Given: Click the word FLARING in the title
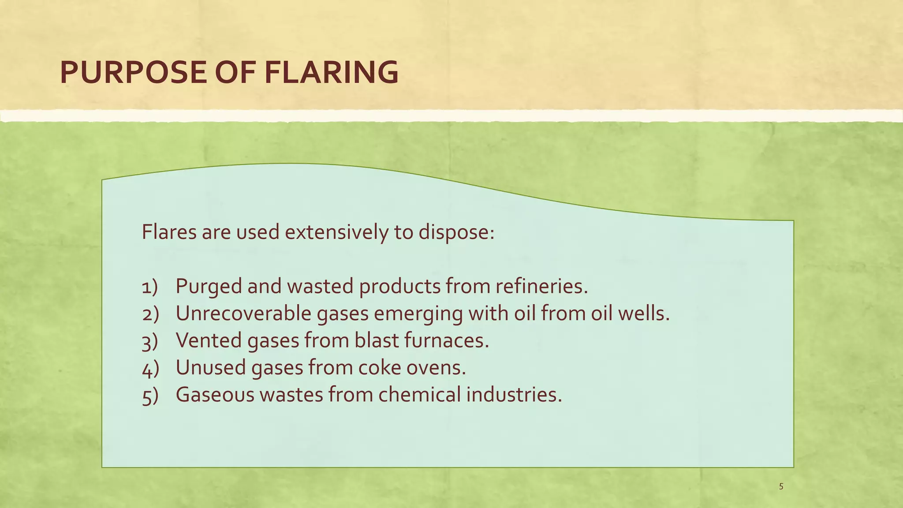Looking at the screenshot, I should (x=331, y=72).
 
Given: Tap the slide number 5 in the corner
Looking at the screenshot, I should (x=781, y=487).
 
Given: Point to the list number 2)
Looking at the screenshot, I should (x=150, y=314).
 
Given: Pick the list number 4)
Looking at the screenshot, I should (x=150, y=369).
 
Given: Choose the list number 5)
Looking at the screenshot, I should (x=150, y=396).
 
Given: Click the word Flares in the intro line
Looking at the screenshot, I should (x=169, y=232).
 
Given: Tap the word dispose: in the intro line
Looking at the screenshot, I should (x=456, y=233).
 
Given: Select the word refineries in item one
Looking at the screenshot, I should (x=541, y=287).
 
